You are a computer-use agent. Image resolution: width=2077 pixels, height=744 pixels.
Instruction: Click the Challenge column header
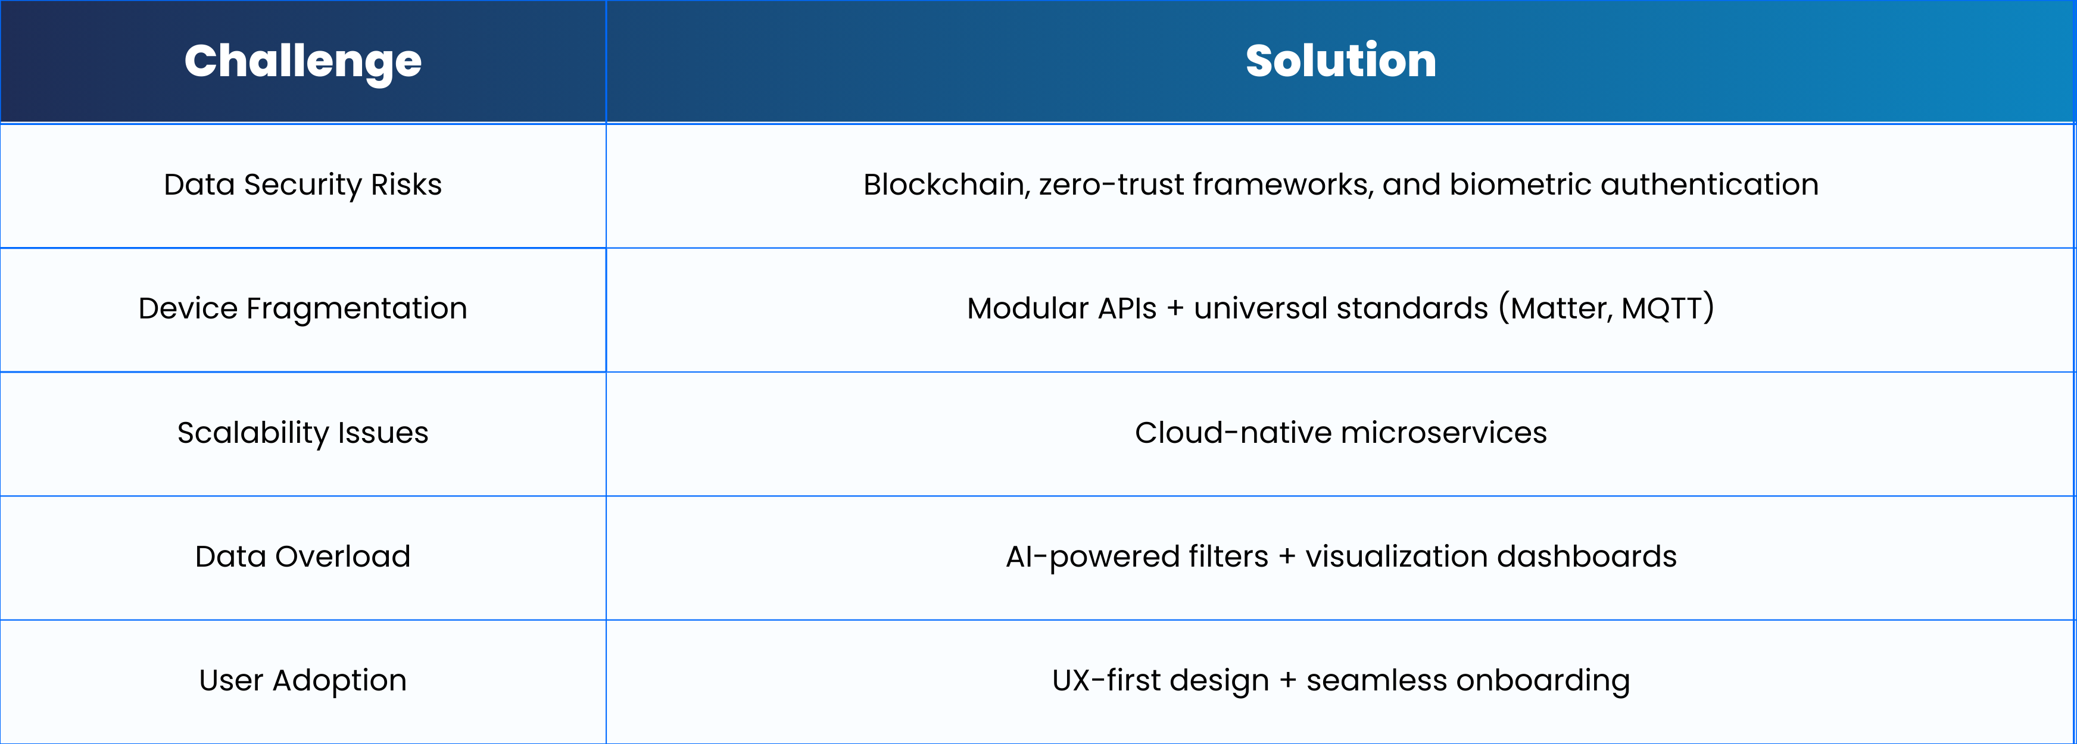(302, 62)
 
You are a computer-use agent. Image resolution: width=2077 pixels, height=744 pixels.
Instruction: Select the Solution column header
(1341, 61)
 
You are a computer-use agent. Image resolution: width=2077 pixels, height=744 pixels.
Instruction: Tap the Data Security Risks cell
(302, 185)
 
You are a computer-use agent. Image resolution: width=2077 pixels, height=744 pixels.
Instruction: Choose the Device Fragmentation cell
(302, 310)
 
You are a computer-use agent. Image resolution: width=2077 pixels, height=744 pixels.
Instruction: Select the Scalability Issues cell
(302, 434)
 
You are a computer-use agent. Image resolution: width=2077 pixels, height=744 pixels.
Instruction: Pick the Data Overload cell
(302, 557)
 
